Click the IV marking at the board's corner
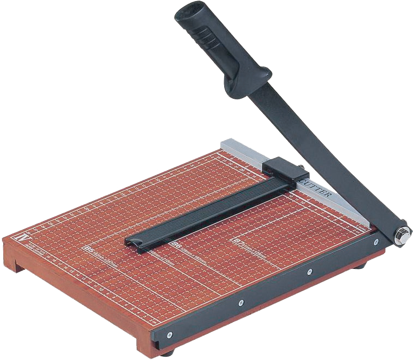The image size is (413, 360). [x=22, y=238]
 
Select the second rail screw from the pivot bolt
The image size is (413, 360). [x=309, y=271]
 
